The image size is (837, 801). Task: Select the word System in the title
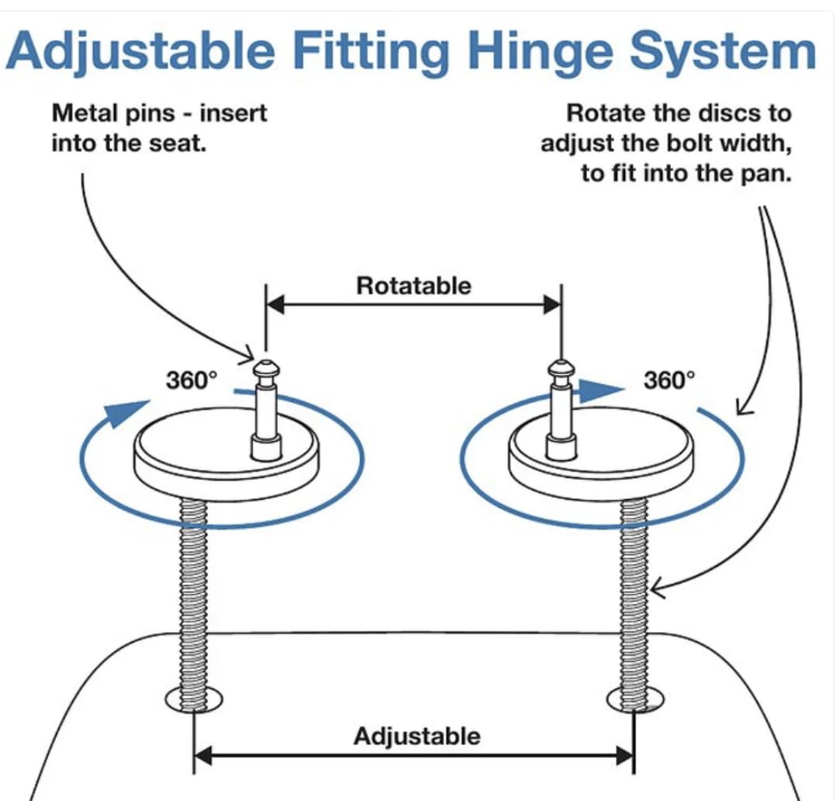pyautogui.click(x=723, y=51)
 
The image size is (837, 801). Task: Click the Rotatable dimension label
pyautogui.click(x=413, y=286)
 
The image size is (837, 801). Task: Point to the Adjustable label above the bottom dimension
pyautogui.click(x=417, y=735)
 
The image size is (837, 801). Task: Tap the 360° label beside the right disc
pyautogui.click(x=669, y=380)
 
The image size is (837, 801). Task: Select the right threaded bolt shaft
pyautogui.click(x=635, y=590)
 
